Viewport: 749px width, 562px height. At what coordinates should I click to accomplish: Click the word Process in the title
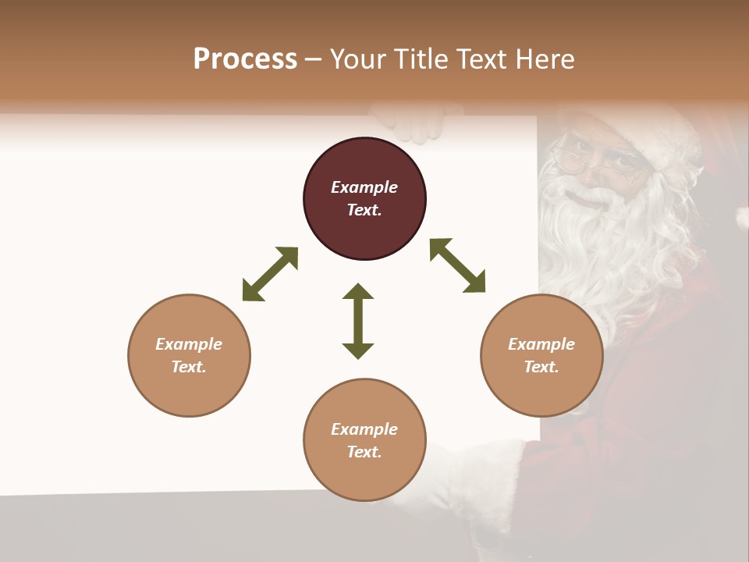click(x=245, y=59)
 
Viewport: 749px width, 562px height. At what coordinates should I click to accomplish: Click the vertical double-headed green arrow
click(x=358, y=321)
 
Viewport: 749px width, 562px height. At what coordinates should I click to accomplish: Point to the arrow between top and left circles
click(x=270, y=274)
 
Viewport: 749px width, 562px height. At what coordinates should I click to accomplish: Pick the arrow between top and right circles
click(x=457, y=265)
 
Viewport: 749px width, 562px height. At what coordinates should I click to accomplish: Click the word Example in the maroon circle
click(x=364, y=187)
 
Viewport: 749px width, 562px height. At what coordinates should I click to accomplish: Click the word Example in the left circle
click(x=189, y=344)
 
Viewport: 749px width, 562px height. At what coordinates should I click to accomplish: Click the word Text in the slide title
click(x=483, y=59)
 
